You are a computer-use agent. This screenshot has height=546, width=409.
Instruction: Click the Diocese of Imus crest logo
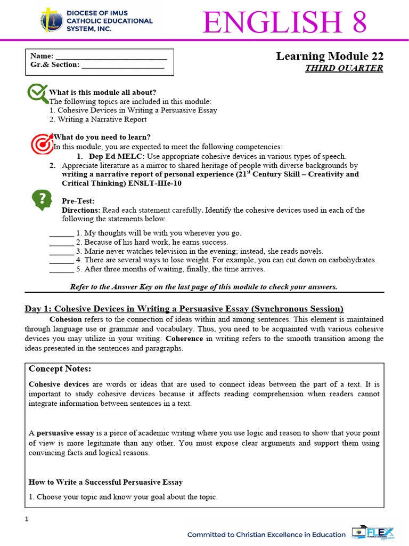pyautogui.click(x=52, y=20)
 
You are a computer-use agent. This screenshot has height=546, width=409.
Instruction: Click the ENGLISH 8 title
pyautogui.click(x=284, y=22)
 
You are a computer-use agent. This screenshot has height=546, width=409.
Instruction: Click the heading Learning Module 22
pyautogui.click(x=329, y=57)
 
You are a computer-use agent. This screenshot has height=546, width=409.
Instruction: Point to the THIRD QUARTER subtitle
pyautogui.click(x=343, y=68)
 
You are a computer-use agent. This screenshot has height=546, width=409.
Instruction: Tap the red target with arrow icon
pyautogui.click(x=42, y=142)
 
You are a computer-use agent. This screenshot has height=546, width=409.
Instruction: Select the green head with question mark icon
pyautogui.click(x=42, y=199)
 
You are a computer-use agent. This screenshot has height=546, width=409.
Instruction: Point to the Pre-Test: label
pyautogui.click(x=78, y=201)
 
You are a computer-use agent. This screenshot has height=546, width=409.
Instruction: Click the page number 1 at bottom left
pyautogui.click(x=27, y=520)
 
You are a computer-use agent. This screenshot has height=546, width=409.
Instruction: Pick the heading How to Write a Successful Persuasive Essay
pyautogui.click(x=105, y=482)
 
